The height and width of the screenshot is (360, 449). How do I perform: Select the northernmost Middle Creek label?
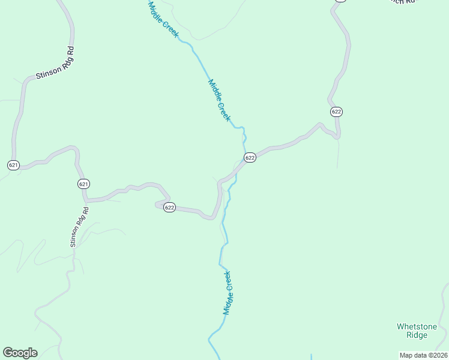[x=163, y=19]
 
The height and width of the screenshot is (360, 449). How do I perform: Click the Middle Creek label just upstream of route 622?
[x=219, y=100]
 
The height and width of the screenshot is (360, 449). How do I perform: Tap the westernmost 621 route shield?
[x=14, y=164]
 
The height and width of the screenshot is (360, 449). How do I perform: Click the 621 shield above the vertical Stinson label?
[x=83, y=184]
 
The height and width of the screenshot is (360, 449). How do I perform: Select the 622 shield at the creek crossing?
[x=250, y=157]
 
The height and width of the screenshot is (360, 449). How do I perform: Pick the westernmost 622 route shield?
[x=169, y=208]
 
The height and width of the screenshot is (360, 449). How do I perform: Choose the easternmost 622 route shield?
[x=336, y=112]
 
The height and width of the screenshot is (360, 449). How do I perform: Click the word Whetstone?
[x=417, y=326]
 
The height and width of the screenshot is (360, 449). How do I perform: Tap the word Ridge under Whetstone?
[x=417, y=335]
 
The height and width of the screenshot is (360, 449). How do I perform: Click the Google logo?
[x=20, y=353]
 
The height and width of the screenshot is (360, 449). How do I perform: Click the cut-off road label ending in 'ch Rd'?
[x=401, y=2]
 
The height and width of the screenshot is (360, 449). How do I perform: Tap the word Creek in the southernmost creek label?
[x=229, y=281]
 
